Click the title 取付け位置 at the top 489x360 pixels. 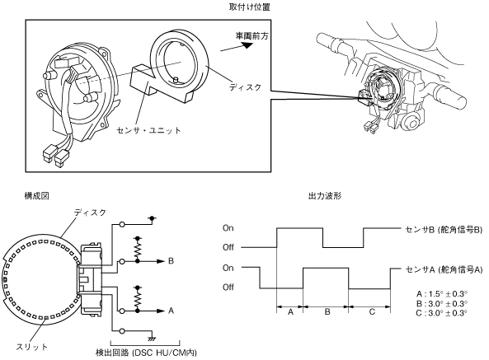(x=250, y=7)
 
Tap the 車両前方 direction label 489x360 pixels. (x=252, y=36)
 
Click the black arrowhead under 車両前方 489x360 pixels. (x=247, y=45)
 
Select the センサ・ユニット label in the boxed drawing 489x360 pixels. (x=148, y=130)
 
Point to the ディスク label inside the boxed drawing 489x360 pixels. (x=245, y=87)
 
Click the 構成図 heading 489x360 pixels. (x=37, y=195)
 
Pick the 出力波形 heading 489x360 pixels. (x=325, y=195)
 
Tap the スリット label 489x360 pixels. (x=32, y=347)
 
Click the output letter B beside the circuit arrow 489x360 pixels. (x=171, y=261)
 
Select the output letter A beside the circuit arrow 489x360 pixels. (x=171, y=311)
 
